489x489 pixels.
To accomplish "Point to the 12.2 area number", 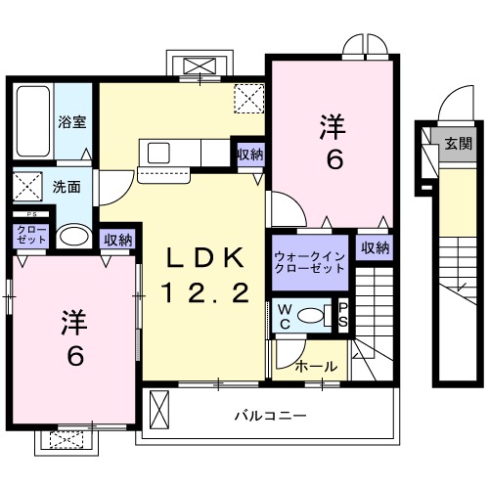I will pyautogui.click(x=205, y=290).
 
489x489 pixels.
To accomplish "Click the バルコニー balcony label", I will pyautogui.click(x=270, y=416).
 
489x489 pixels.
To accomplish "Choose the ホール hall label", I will pyautogui.click(x=317, y=366).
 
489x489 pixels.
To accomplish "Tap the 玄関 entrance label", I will pyautogui.click(x=457, y=143).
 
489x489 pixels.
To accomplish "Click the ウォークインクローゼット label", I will pyautogui.click(x=310, y=258).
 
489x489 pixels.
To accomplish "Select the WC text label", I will pyautogui.click(x=284, y=316).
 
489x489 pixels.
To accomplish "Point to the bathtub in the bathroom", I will pyautogui.click(x=32, y=122).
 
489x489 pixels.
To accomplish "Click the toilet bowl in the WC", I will pyautogui.click(x=314, y=316).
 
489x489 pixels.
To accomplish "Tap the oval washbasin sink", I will pyautogui.click(x=70, y=237).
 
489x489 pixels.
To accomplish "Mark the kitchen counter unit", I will pyautogui.click(x=187, y=155).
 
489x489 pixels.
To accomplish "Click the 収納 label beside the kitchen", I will pyautogui.click(x=248, y=155).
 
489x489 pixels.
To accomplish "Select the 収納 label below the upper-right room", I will pyautogui.click(x=375, y=248).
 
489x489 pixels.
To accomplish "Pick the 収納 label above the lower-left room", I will pyautogui.click(x=117, y=239).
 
